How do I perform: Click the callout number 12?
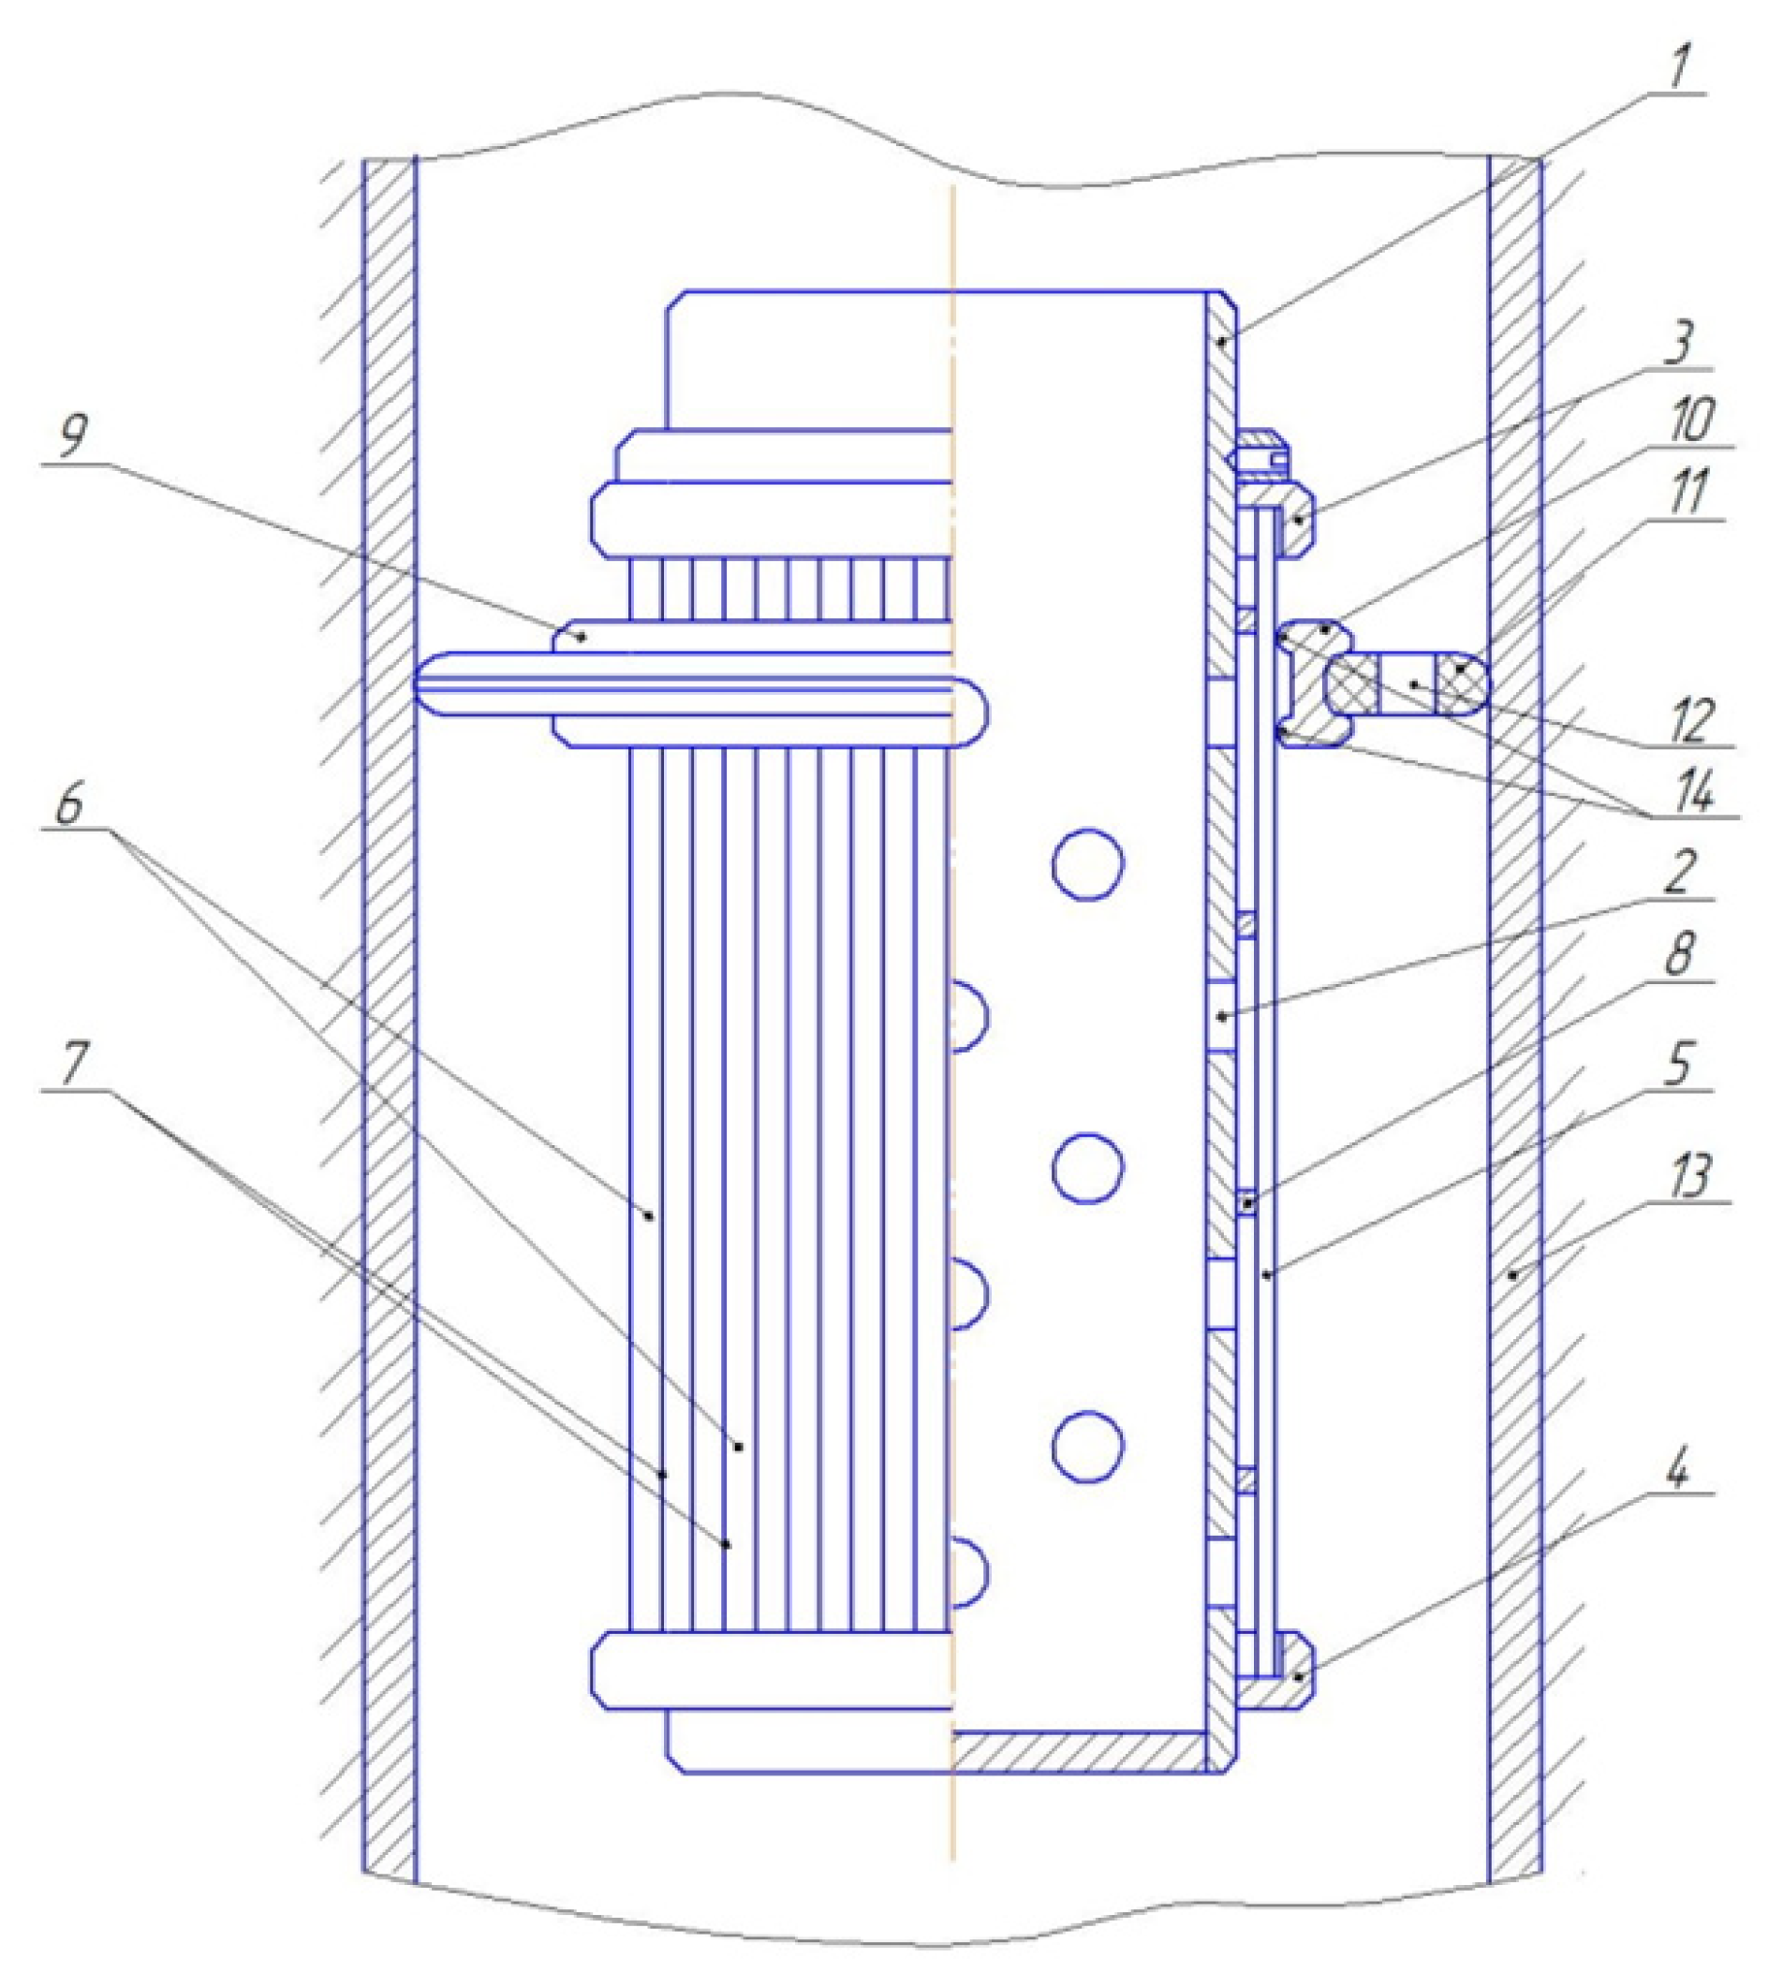1693,721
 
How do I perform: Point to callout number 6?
68,807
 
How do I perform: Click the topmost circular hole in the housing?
1087,863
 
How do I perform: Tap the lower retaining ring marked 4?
1295,1678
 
